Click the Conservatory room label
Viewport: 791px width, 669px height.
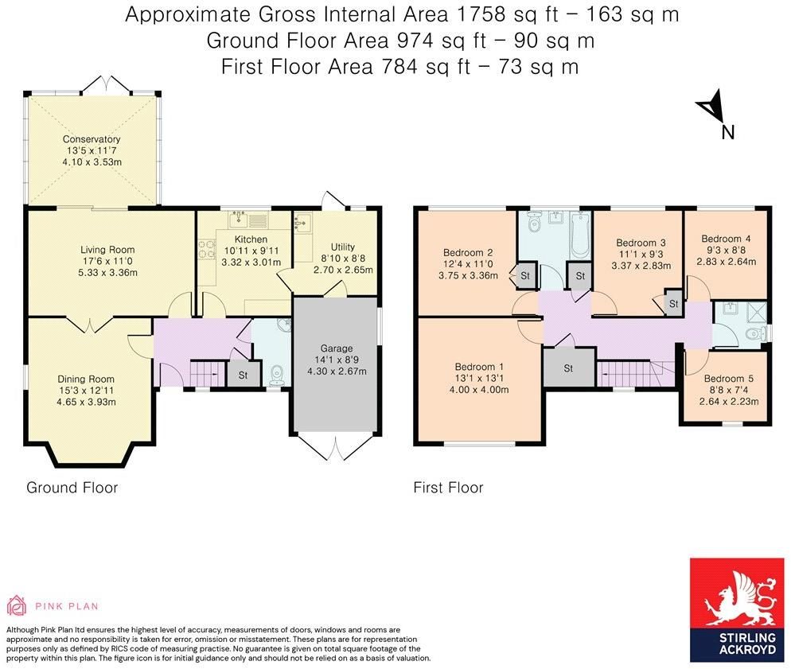click(92, 139)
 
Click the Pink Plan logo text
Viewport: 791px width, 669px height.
click(67, 606)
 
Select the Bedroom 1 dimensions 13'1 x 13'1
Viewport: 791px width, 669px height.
click(477, 378)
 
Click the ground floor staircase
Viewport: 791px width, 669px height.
click(207, 371)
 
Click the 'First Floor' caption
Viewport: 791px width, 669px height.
click(448, 488)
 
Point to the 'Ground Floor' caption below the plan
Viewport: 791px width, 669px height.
click(72, 488)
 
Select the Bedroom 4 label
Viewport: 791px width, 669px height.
click(726, 239)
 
